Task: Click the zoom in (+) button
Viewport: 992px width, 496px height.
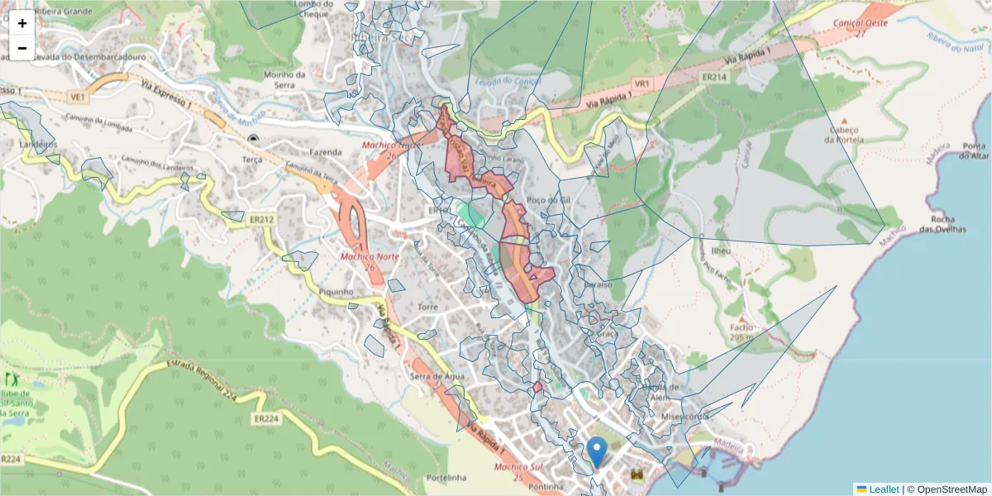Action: (x=22, y=23)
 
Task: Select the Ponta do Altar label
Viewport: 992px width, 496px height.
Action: (x=975, y=151)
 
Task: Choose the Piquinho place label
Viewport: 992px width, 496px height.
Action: (x=336, y=292)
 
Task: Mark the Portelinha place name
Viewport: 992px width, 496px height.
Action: (x=446, y=478)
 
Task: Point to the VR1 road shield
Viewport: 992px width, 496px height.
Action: (x=642, y=83)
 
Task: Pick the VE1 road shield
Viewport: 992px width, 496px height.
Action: (x=79, y=97)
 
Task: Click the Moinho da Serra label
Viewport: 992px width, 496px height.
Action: (x=284, y=79)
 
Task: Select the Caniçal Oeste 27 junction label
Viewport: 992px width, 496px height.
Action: (x=861, y=28)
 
